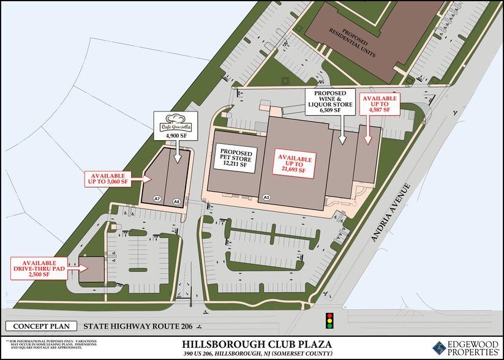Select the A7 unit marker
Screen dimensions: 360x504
coord(157,199)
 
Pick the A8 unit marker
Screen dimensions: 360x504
coord(176,200)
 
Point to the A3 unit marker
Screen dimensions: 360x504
coord(266,197)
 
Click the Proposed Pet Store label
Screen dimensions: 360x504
coord(235,156)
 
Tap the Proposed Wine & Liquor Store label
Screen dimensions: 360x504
coord(334,103)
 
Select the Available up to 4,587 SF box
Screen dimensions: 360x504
coord(380,106)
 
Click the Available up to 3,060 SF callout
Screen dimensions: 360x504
coord(115,178)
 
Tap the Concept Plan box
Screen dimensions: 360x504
coord(42,326)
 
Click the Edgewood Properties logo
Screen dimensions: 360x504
coord(465,348)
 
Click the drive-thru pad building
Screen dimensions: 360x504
coord(92,269)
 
